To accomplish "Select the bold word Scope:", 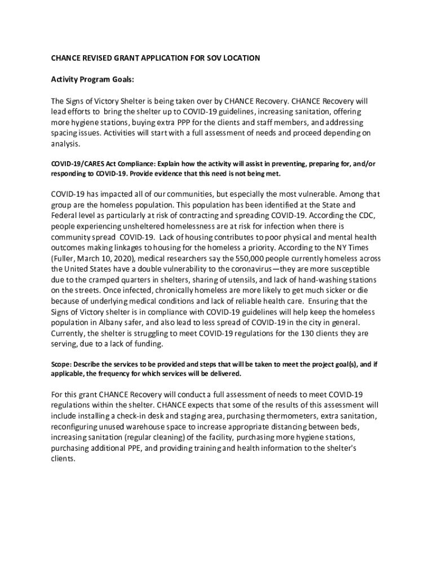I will [62, 364].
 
